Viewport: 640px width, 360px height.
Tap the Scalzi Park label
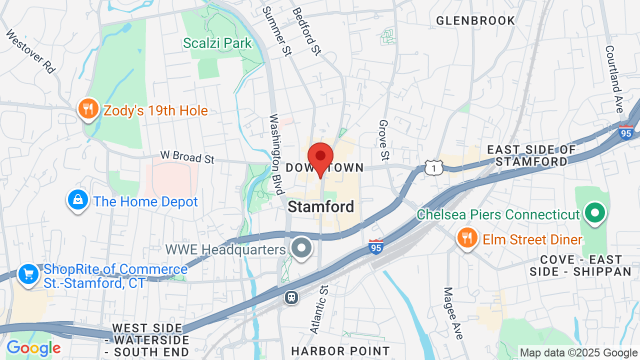point(217,43)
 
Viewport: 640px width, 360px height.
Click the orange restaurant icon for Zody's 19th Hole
point(88,108)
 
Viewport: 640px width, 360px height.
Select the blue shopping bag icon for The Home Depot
point(78,200)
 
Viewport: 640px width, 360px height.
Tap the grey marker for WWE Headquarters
point(301,248)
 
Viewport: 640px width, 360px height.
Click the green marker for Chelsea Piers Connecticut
point(594,213)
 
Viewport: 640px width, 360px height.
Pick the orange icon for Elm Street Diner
point(467,238)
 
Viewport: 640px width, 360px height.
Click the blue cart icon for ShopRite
point(28,274)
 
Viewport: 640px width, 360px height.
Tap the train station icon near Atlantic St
point(291,297)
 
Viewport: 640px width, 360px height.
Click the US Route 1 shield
point(433,167)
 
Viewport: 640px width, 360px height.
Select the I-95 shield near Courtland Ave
point(626,132)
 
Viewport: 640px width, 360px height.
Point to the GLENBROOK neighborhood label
point(475,20)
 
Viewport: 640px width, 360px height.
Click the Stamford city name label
point(321,206)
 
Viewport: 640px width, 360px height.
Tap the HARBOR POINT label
point(340,351)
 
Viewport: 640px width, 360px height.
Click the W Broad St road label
point(187,156)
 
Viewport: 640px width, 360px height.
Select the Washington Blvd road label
point(275,154)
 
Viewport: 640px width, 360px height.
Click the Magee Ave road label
point(453,313)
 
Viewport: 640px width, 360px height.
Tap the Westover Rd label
point(30,51)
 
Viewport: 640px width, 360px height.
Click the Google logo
point(33,348)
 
